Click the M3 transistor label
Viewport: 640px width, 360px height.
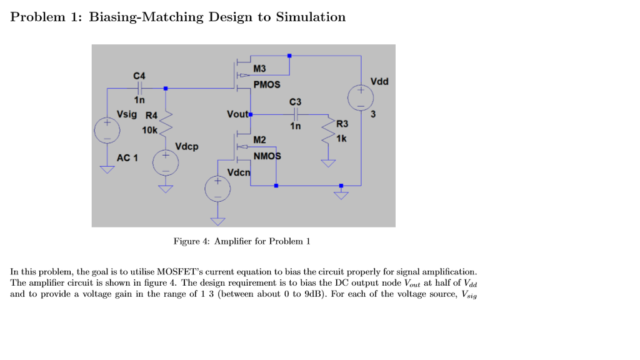(259, 68)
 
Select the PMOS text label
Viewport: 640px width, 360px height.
(267, 84)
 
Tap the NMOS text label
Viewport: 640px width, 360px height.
(267, 156)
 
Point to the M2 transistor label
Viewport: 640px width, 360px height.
(259, 139)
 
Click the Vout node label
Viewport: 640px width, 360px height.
(237, 114)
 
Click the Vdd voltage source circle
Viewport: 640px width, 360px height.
(361, 97)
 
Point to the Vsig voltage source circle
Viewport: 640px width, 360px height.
(106, 131)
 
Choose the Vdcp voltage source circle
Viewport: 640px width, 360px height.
(166, 163)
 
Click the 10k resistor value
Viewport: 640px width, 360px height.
(149, 130)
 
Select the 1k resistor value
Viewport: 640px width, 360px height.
(341, 138)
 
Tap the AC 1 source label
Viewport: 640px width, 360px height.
(127, 157)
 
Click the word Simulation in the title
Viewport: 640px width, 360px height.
(310, 17)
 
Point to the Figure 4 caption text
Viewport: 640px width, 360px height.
(241, 241)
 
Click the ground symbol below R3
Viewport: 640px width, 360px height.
(328, 164)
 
